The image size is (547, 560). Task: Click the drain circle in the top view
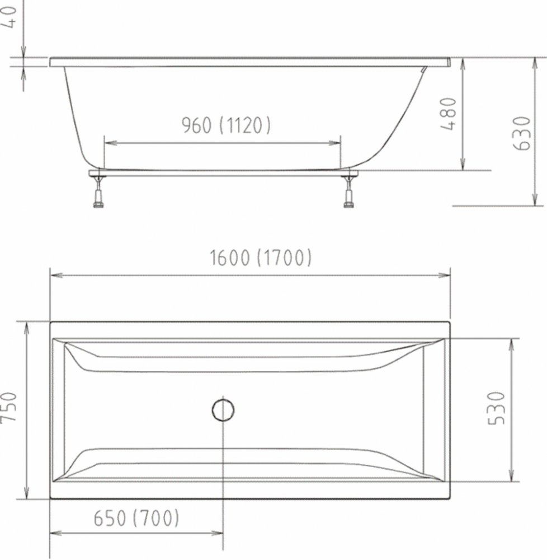(223, 399)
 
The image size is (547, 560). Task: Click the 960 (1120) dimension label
(226, 125)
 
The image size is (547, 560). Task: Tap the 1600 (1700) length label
(260, 258)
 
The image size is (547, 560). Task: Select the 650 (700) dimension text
(136, 518)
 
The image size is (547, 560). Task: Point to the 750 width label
(9, 408)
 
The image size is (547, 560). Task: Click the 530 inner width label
(496, 408)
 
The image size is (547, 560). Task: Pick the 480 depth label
(448, 114)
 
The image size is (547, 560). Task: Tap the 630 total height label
(521, 134)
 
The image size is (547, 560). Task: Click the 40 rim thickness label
(9, 17)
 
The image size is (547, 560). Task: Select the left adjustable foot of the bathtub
(98, 192)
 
